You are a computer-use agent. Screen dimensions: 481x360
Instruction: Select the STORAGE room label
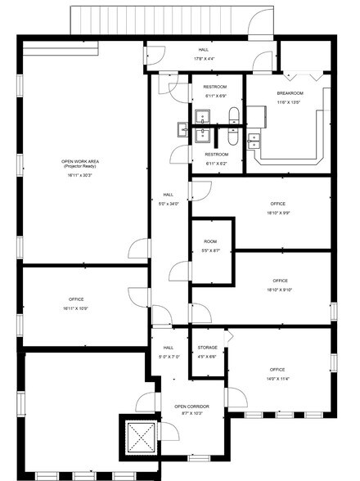(207, 348)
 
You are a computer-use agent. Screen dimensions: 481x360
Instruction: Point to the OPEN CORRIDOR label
(191, 407)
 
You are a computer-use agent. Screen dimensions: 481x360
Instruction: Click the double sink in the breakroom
(255, 141)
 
